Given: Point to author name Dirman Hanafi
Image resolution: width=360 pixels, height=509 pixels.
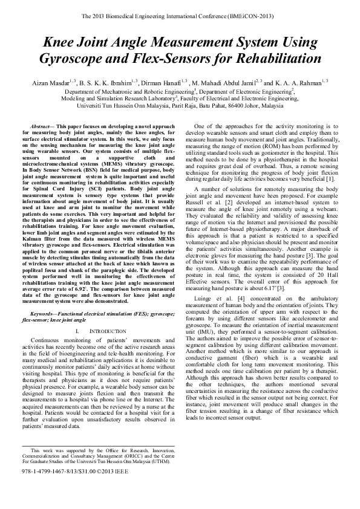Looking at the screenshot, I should click(x=160, y=81).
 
